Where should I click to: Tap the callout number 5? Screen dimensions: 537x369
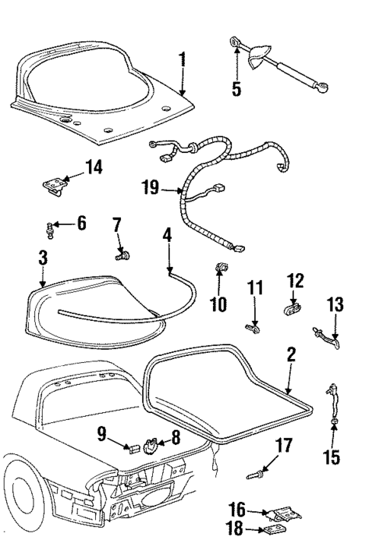tap(237, 89)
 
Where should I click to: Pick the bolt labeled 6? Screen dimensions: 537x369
tap(51, 225)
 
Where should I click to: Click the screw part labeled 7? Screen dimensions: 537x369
tap(120, 254)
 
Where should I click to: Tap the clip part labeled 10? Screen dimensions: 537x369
tap(222, 268)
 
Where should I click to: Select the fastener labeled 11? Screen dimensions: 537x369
tap(251, 327)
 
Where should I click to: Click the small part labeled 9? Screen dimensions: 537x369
tap(132, 446)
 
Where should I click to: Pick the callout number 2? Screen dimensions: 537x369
tap(291, 356)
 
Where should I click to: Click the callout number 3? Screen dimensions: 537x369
tap(43, 259)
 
